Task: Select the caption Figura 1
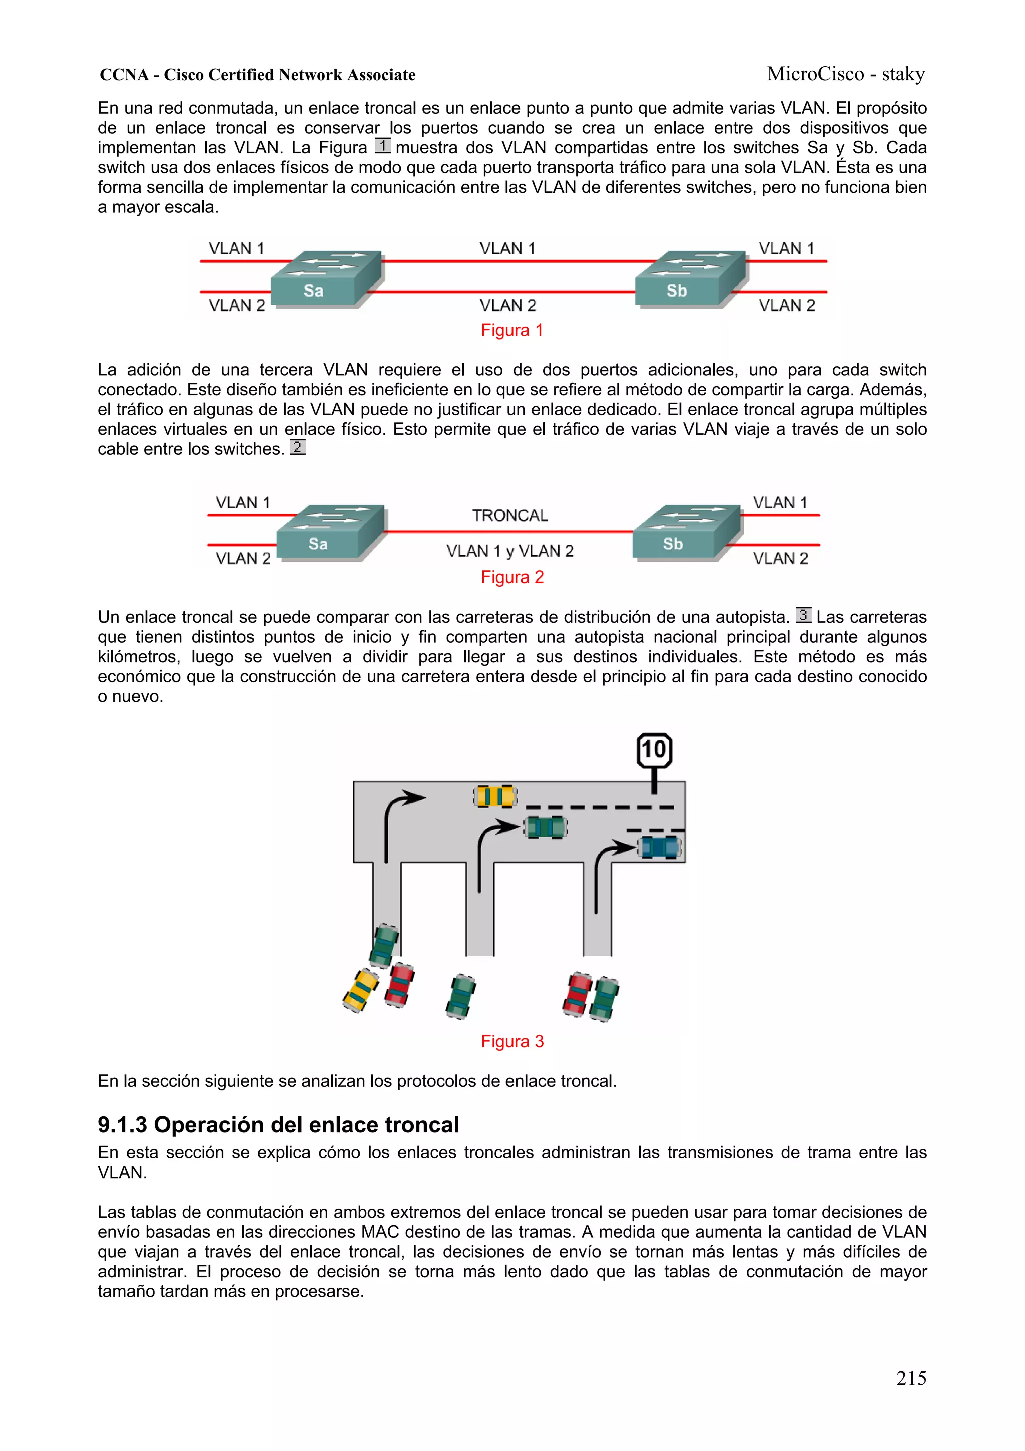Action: pyautogui.click(x=511, y=330)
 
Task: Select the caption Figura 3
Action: pyautogui.click(x=511, y=1041)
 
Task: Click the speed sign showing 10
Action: pyautogui.click(x=654, y=751)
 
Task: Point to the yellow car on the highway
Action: pyautogui.click(x=495, y=796)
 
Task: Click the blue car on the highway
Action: pyautogui.click(x=659, y=847)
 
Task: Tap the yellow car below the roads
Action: pyautogui.click(x=361, y=990)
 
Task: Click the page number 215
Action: pyautogui.click(x=911, y=1378)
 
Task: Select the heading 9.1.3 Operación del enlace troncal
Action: pyautogui.click(x=278, y=1124)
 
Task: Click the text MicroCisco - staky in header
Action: pyautogui.click(x=846, y=74)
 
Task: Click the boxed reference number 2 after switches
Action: pyautogui.click(x=297, y=447)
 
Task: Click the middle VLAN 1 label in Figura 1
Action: pyautogui.click(x=507, y=248)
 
